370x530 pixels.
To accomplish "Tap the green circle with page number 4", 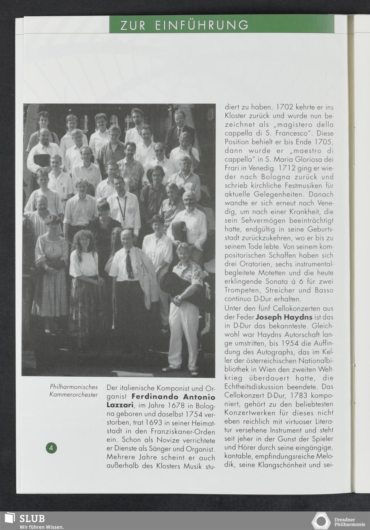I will pyautogui.click(x=51, y=447).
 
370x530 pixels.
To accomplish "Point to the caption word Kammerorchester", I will pyautogui.click(x=74, y=395).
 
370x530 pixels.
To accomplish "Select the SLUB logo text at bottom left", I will pyautogui.click(x=32, y=519).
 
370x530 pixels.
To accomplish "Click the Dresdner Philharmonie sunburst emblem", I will pyautogui.click(x=321, y=520).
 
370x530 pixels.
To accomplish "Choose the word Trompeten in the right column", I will pyautogui.click(x=242, y=291).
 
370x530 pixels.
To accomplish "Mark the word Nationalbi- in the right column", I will pyautogui.click(x=315, y=360).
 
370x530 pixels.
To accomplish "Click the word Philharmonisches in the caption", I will pyautogui.click(x=74, y=387).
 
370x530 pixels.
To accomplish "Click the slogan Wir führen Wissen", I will pyautogui.click(x=42, y=527).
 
